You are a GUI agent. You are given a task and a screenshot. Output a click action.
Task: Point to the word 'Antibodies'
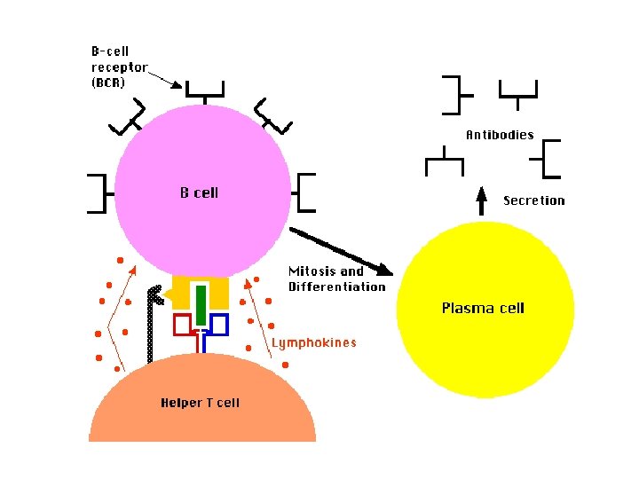click(x=500, y=135)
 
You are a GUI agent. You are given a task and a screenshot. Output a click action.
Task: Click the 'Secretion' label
click(x=533, y=200)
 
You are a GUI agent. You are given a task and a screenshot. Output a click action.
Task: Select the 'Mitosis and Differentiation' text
click(x=337, y=279)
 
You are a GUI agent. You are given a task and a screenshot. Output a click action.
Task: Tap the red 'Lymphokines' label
click(x=313, y=342)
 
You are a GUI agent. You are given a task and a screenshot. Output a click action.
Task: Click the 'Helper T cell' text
click(x=200, y=403)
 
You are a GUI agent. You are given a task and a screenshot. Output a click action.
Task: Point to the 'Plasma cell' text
click(x=483, y=309)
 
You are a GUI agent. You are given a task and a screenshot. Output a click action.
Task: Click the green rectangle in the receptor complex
click(x=201, y=304)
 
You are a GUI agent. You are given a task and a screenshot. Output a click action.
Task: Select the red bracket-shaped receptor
click(x=183, y=325)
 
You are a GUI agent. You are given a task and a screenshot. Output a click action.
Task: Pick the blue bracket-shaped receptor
click(x=217, y=325)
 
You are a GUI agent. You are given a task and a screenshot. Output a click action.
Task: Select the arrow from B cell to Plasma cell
click(x=341, y=250)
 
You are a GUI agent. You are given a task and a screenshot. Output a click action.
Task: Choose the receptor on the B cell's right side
click(x=306, y=192)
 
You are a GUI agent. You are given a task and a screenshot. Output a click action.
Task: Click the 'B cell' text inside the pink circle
click(x=199, y=192)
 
